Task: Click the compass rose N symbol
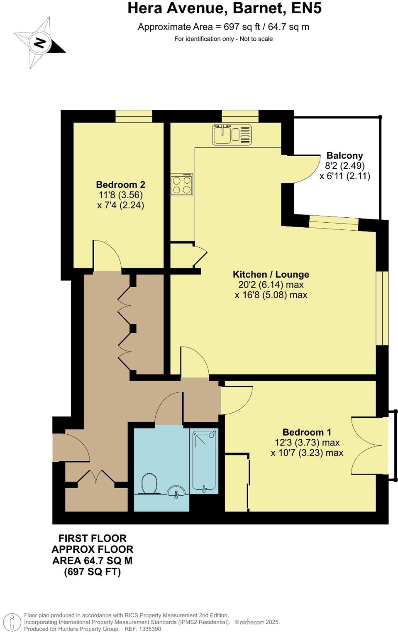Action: click(x=39, y=43)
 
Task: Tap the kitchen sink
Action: click(x=231, y=134)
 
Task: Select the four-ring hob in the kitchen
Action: click(x=181, y=185)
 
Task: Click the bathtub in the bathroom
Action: click(x=204, y=461)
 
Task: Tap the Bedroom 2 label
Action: click(x=120, y=185)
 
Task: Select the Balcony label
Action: click(x=344, y=155)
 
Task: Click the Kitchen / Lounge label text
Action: click(x=271, y=274)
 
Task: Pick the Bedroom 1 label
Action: click(x=306, y=432)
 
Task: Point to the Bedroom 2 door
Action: click(x=106, y=256)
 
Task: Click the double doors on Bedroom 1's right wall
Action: click(x=367, y=445)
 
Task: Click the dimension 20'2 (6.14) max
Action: click(x=271, y=285)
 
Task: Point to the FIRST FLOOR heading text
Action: click(x=92, y=538)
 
